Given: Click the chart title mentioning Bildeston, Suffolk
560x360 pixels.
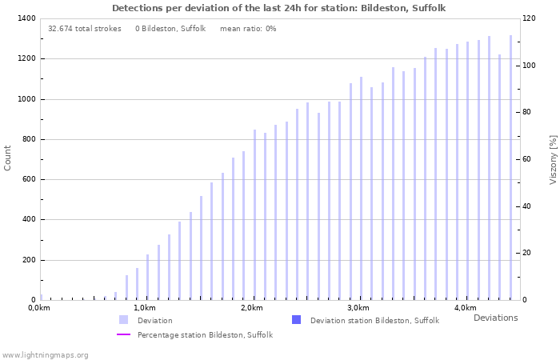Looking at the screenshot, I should pyautogui.click(x=279, y=8).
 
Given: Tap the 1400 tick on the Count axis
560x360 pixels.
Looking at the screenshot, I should pyautogui.click(x=26, y=18).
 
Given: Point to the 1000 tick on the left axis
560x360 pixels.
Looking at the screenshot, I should pyautogui.click(x=26, y=99).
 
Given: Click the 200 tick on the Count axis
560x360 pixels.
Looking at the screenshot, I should pyautogui.click(x=28, y=260).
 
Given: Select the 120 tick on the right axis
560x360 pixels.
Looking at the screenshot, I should pyautogui.click(x=530, y=18).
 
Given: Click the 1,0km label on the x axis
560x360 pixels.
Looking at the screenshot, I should pyautogui.click(x=144, y=308).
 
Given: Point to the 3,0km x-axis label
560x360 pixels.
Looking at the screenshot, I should pyautogui.click(x=358, y=308).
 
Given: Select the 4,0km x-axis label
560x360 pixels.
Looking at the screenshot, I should pyautogui.click(x=465, y=308).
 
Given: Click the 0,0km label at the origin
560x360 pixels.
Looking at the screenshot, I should pyautogui.click(x=38, y=308).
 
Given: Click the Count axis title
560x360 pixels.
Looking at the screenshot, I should pyautogui.click(x=8, y=158).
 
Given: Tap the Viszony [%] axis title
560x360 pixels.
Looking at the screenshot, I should pyautogui.click(x=553, y=159).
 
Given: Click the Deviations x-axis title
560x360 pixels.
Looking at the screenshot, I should pyautogui.click(x=495, y=318).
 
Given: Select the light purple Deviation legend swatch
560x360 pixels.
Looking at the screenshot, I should pyautogui.click(x=123, y=320).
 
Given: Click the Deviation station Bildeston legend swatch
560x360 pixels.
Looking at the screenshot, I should pyautogui.click(x=297, y=320).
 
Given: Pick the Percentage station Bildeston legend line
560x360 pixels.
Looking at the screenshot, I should pyautogui.click(x=123, y=334).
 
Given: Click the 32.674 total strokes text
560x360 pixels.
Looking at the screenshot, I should pyautogui.click(x=85, y=29).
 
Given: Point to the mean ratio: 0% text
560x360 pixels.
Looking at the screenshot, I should pyautogui.click(x=248, y=29).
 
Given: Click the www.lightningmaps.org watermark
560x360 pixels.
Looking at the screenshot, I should pyautogui.click(x=46, y=354).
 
